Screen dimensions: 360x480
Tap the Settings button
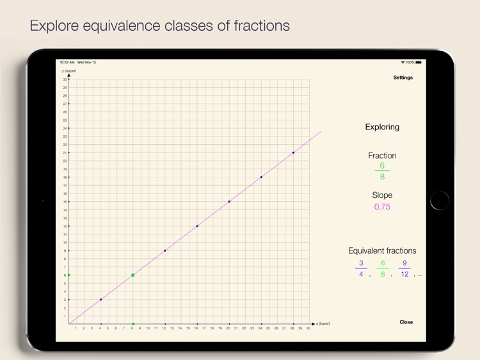tap(403, 78)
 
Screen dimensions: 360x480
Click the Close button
tap(406, 322)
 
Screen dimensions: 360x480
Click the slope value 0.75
tap(382, 207)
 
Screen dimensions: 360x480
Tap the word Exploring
tap(382, 127)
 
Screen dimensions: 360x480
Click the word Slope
tap(382, 195)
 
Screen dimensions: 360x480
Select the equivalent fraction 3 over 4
tap(361, 268)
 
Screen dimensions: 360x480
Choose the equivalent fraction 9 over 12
tap(404, 268)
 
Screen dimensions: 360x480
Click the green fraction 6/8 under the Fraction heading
tap(382, 171)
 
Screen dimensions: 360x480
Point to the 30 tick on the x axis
tap(309, 329)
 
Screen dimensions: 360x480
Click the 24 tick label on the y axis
tap(65, 128)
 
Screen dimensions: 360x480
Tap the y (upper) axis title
tap(69, 71)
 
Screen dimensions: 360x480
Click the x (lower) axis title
tap(323, 324)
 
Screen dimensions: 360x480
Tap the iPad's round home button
tap(440, 200)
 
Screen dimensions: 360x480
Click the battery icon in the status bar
tap(419, 62)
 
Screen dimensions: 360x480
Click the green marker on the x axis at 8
tap(133, 324)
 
